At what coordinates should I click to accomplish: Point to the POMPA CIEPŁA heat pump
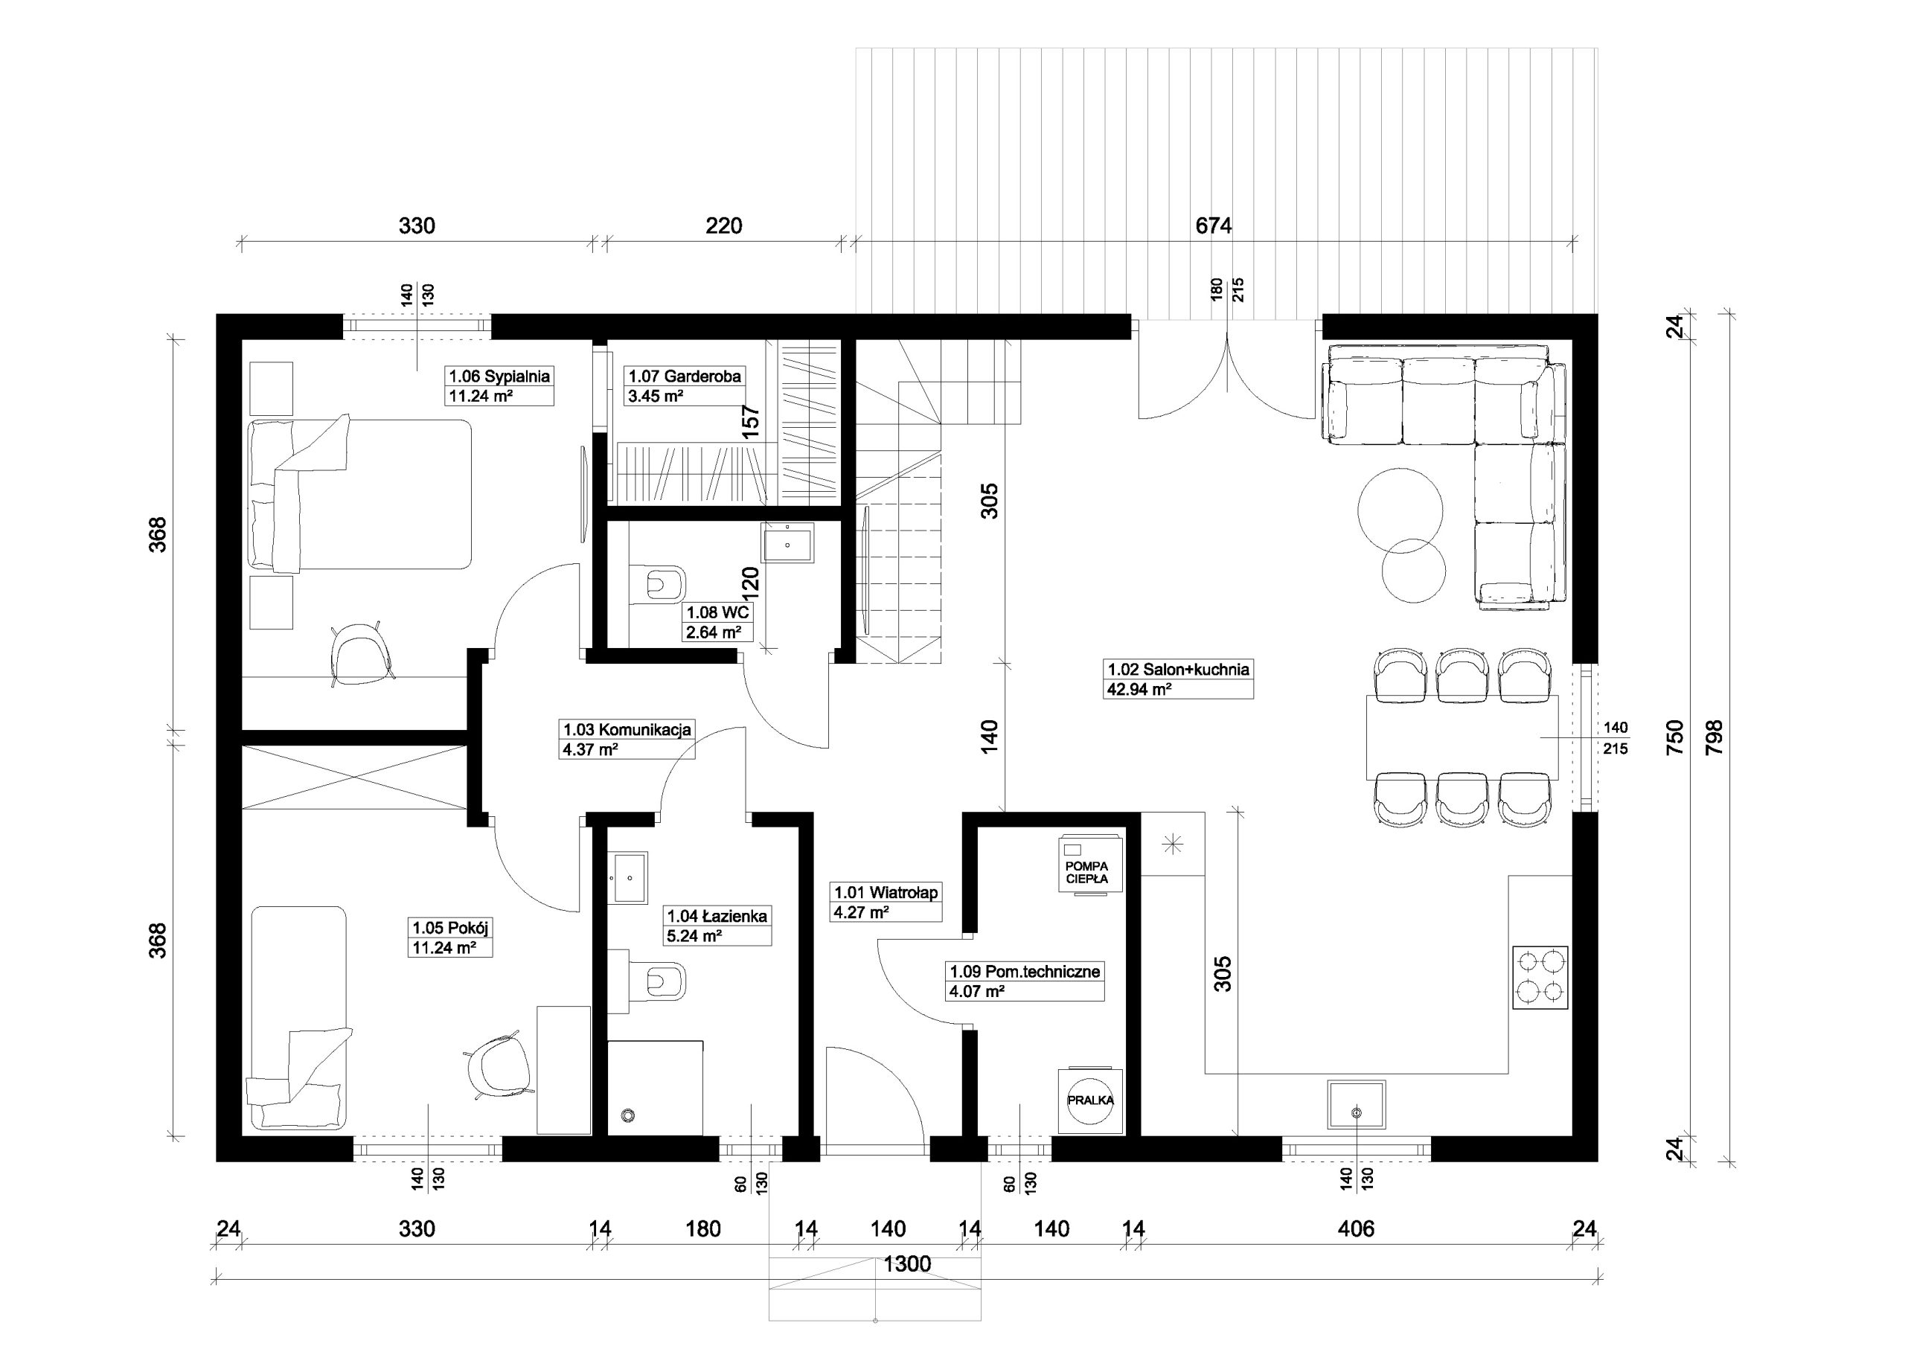click(1090, 865)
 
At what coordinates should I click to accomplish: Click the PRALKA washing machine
click(1090, 1100)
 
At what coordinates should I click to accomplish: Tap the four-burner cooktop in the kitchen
click(1541, 978)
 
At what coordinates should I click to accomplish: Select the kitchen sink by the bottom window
click(1357, 1104)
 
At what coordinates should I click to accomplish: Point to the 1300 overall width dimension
click(908, 1264)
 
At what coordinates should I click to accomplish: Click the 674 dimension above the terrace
click(1213, 225)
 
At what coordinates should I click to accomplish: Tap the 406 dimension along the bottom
click(1356, 1228)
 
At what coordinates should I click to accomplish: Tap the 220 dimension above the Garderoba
click(723, 225)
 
